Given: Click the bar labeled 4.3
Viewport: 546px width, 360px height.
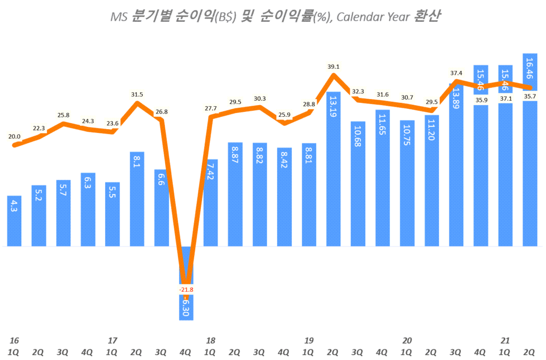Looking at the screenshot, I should coord(14,221).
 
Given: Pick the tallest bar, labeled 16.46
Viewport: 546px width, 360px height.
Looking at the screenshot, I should coord(530,149).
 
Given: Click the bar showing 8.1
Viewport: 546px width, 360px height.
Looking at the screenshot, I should coord(137,199).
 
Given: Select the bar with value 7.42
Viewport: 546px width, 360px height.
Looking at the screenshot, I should coord(211,203).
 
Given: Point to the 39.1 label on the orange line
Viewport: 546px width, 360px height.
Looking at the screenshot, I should coord(334,67).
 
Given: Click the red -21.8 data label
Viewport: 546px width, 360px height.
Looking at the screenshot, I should coord(186,290).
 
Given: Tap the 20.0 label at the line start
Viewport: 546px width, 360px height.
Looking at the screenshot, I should coord(14,137).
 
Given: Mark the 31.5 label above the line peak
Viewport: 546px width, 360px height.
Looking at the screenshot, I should coord(137,95).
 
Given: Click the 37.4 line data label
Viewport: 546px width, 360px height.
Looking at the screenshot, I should coord(456,73).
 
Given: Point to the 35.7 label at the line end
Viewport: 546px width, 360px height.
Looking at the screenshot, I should coord(530,96).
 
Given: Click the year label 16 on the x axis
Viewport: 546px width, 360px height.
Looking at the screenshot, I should coord(14,340).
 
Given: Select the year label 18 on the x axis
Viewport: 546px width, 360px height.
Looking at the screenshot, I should coord(211,340).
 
